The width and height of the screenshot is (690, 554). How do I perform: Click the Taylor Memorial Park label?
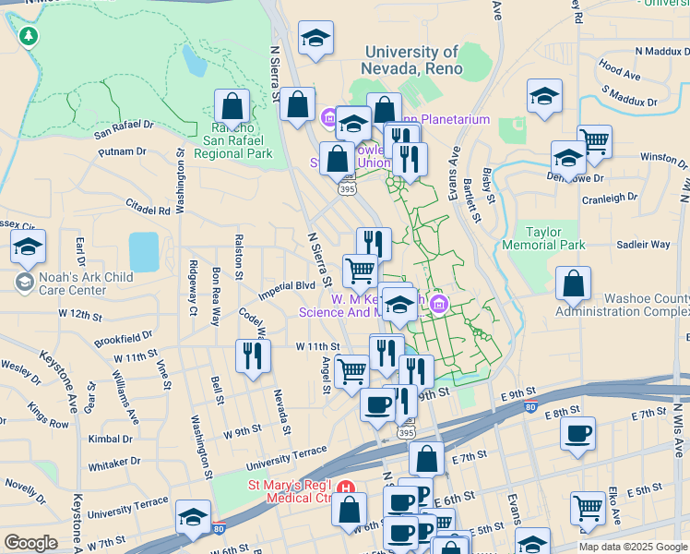(x=543, y=238)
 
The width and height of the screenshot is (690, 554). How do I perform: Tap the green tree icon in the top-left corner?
(x=30, y=36)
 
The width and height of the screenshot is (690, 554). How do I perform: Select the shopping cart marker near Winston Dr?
(x=595, y=141)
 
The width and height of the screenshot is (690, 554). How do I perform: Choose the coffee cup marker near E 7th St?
(x=577, y=433)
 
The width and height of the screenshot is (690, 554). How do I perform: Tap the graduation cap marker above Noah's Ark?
(x=29, y=247)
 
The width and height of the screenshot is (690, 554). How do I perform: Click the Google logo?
(x=30, y=543)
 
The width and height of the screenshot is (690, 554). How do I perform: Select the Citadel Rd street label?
(x=150, y=211)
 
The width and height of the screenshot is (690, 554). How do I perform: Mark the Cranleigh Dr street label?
(x=611, y=199)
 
